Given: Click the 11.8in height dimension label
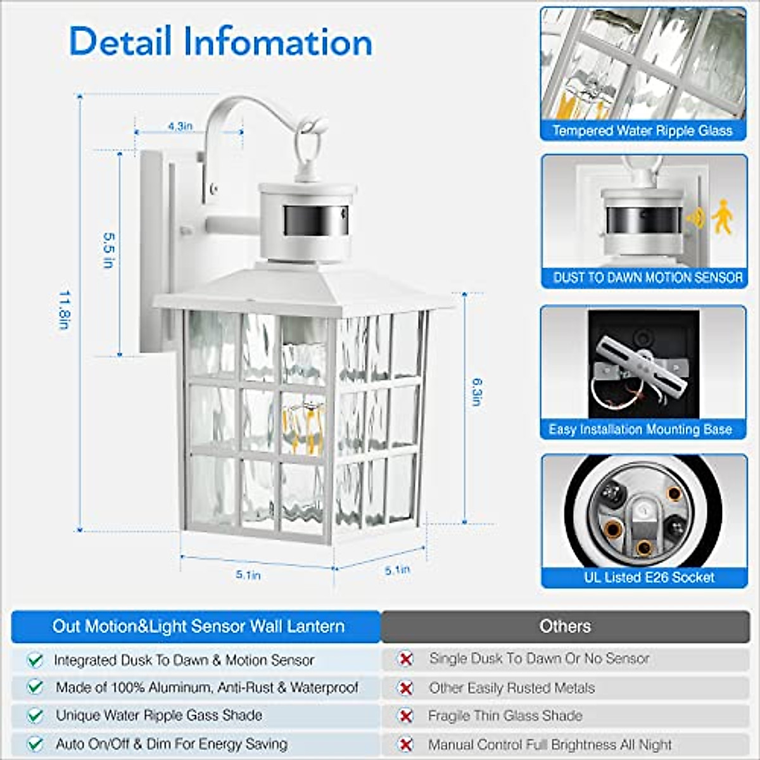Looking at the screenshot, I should point(64,310).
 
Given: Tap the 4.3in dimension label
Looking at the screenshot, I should point(180,126).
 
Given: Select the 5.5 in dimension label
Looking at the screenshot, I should point(108,250).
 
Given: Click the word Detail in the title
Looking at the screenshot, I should point(120,42).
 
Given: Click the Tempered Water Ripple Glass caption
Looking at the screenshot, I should point(642,130).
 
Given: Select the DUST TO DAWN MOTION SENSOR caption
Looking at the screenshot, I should point(647,277).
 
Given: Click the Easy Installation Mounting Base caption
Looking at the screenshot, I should point(640,429).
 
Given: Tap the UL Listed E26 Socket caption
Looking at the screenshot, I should point(649,577).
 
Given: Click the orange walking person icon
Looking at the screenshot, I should point(721,217).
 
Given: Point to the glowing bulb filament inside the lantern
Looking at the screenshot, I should point(303,424).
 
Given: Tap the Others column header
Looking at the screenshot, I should point(565,626).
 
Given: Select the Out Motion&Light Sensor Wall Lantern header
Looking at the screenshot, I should point(198,626).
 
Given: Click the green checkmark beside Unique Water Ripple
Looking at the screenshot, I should point(35,716).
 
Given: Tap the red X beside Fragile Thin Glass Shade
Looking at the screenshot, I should point(405,716).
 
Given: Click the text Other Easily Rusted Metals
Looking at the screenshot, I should point(512,688).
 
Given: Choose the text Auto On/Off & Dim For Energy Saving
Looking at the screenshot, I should point(172,744).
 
